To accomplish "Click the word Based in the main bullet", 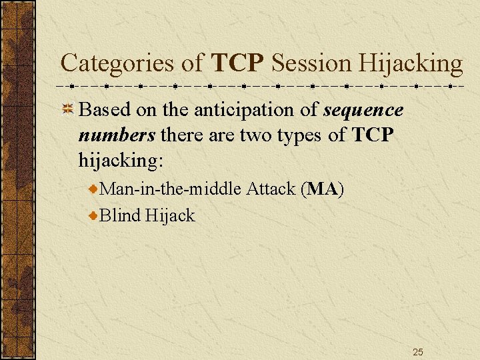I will [104, 110].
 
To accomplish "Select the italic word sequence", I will [363, 110].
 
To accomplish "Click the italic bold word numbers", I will [117, 135].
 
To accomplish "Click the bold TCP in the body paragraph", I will [374, 135].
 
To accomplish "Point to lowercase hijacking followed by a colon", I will [120, 161].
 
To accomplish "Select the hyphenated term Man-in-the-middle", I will [170, 189].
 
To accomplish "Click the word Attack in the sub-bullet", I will [271, 189].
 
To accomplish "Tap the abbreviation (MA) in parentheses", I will [323, 189].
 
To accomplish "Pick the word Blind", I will [119, 215].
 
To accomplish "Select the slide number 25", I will [418, 351].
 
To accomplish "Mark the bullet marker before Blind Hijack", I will [94, 215].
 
